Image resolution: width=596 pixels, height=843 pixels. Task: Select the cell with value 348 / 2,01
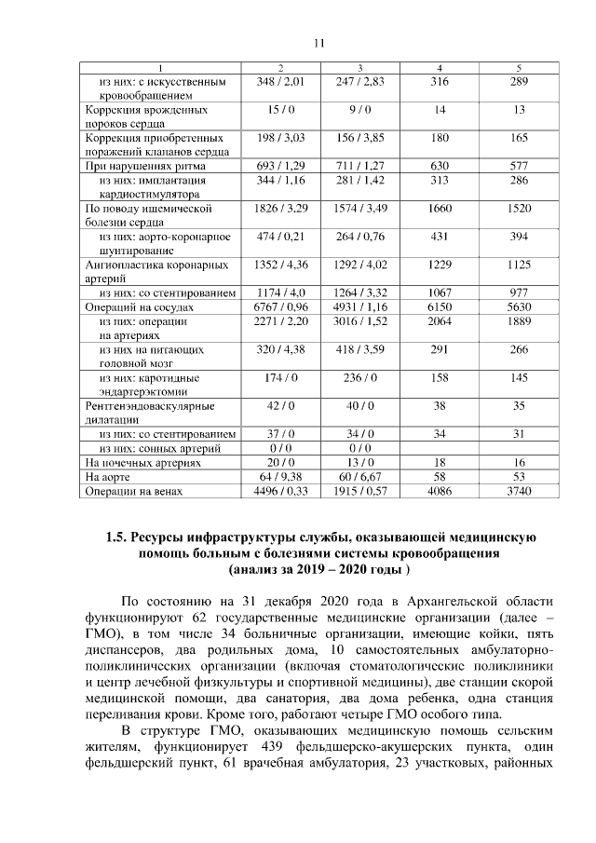280,83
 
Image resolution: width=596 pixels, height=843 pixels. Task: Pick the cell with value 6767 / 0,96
280,306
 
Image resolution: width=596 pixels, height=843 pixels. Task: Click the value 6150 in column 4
439,306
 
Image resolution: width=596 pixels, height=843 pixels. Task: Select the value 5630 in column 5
519,306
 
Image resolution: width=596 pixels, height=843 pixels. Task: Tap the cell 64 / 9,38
280,476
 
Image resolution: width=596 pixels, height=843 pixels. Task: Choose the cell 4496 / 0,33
280,491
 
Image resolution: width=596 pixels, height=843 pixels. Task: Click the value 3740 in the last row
519,491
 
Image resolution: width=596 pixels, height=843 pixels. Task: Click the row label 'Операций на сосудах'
139,306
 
